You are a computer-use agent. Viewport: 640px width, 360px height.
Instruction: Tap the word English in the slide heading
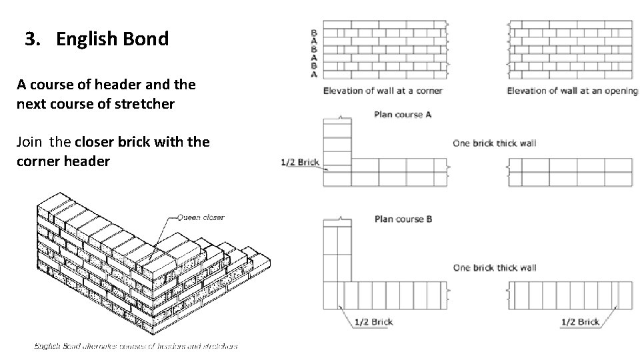[x=85, y=39]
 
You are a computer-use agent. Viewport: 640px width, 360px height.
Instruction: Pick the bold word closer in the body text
[x=95, y=142]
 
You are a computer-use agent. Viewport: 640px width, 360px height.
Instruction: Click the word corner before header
[x=39, y=161]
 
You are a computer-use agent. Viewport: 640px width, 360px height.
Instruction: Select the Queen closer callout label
[x=201, y=217]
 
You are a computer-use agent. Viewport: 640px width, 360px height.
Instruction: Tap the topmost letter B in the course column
[x=314, y=32]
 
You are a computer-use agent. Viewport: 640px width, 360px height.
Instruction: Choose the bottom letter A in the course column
[x=314, y=75]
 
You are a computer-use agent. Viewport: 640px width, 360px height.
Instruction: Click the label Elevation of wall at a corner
[x=383, y=91]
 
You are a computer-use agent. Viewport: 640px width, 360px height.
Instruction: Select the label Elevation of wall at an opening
[x=572, y=91]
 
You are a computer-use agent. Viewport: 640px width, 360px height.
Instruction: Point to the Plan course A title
[x=403, y=115]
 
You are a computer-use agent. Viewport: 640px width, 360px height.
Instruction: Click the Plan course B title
[x=403, y=219]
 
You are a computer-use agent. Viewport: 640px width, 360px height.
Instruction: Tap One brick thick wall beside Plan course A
[x=494, y=143]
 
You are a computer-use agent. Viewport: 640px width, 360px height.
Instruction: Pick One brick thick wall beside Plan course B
[x=494, y=267]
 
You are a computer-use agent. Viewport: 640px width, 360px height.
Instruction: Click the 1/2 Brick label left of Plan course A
[x=301, y=161]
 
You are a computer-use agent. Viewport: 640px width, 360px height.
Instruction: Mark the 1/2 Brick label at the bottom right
[x=580, y=322]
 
